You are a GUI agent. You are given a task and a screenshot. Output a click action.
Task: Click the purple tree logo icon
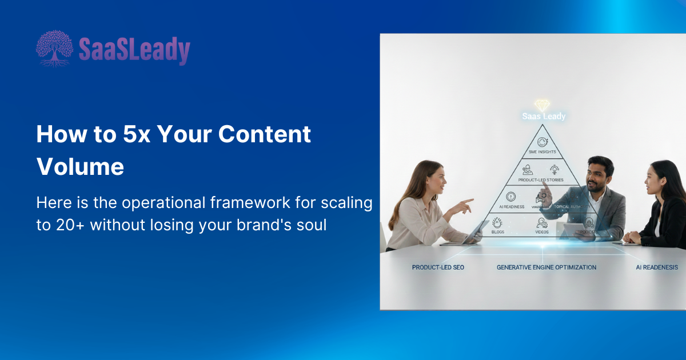tap(55, 49)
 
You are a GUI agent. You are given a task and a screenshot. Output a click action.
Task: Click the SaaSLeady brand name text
tap(134, 50)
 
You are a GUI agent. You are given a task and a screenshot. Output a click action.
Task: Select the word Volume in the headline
tap(80, 167)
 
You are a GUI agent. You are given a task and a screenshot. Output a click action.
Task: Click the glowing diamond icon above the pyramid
tap(542, 106)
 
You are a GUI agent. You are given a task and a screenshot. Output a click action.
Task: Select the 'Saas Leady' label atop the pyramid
tap(544, 117)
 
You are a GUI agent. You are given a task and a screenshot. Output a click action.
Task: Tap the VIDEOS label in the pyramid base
tap(542, 232)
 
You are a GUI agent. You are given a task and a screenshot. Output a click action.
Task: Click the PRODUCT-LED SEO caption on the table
tap(438, 267)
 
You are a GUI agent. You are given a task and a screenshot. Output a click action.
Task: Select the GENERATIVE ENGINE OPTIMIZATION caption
tap(546, 267)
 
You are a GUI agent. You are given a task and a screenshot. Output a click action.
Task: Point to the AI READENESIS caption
tap(657, 267)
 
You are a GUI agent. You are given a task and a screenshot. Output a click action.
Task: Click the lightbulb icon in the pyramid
tap(553, 169)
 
